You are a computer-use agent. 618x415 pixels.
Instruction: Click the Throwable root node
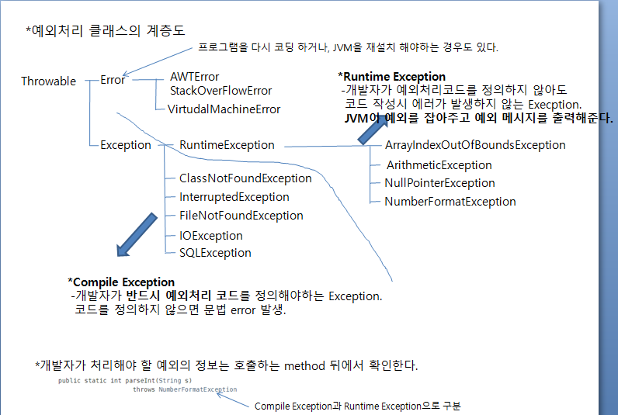tap(48, 81)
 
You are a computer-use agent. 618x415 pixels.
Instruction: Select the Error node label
tap(113, 80)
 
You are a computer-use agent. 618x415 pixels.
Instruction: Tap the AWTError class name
tap(194, 77)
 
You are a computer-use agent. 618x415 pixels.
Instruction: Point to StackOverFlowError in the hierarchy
tap(220, 91)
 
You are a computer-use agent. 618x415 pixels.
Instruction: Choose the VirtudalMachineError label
tap(224, 109)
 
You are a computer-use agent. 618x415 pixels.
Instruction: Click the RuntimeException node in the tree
tap(227, 145)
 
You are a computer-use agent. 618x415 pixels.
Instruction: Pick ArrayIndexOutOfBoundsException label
tap(475, 145)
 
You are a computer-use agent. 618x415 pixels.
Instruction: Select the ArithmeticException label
tap(439, 164)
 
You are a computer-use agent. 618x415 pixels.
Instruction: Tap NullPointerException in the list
tap(439, 183)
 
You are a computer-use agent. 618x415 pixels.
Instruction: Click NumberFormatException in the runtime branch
tap(450, 202)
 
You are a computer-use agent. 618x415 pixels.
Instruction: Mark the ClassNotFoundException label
tap(245, 178)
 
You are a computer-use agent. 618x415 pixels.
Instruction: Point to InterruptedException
tap(234, 197)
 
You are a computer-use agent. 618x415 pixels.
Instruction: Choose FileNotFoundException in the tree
tap(241, 216)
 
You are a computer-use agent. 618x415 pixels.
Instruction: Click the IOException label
tap(211, 235)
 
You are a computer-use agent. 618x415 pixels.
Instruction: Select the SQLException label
tap(215, 252)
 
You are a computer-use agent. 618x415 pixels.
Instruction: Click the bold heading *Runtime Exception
tap(392, 77)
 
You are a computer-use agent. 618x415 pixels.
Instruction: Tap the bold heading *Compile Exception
tap(121, 282)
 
